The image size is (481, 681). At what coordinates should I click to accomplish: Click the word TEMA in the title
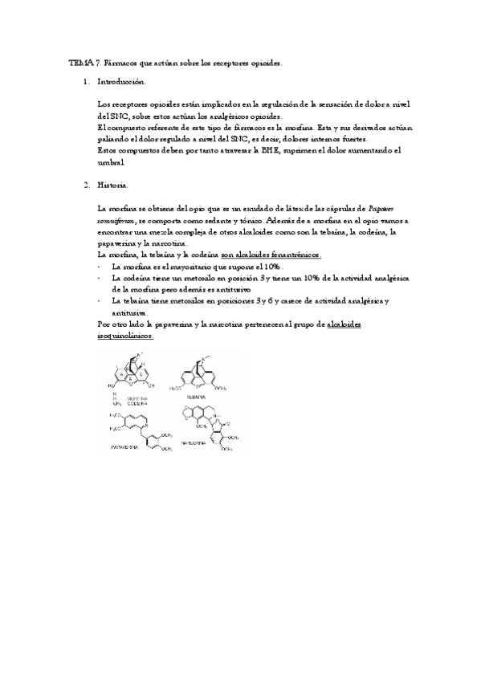(x=79, y=63)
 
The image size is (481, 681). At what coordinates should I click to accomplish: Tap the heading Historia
(x=112, y=186)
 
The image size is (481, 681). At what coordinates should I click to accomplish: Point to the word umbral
(x=111, y=161)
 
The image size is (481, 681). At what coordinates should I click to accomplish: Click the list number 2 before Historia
(x=86, y=186)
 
